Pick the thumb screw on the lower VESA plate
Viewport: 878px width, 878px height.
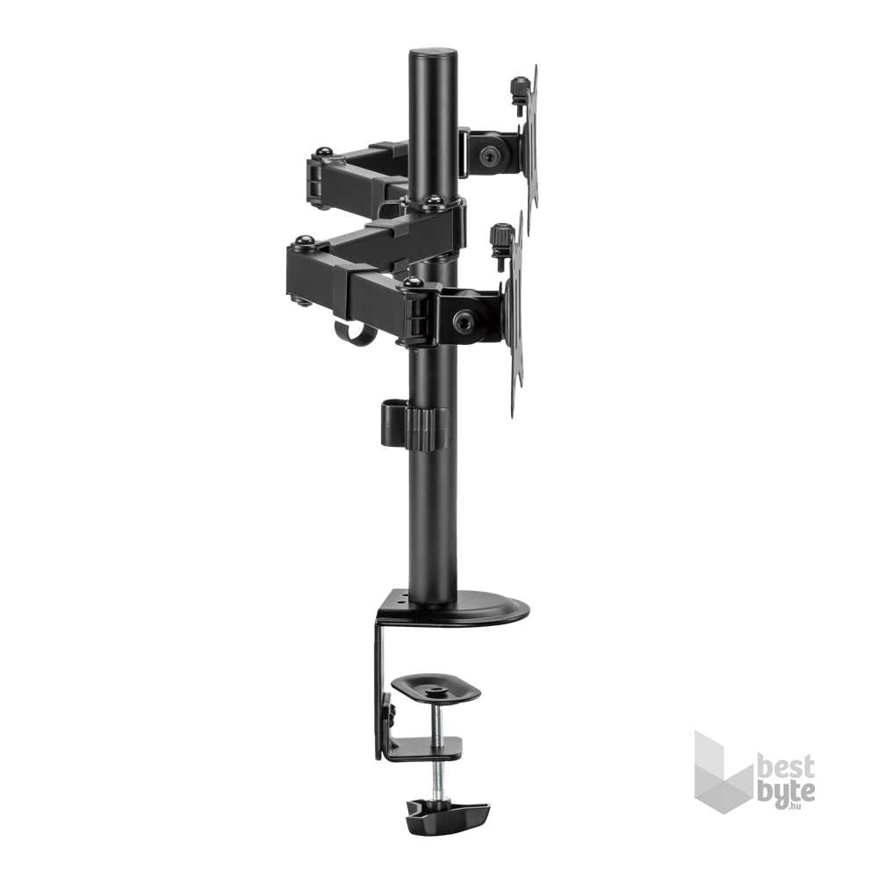(x=501, y=239)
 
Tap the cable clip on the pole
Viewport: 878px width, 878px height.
(x=415, y=423)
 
